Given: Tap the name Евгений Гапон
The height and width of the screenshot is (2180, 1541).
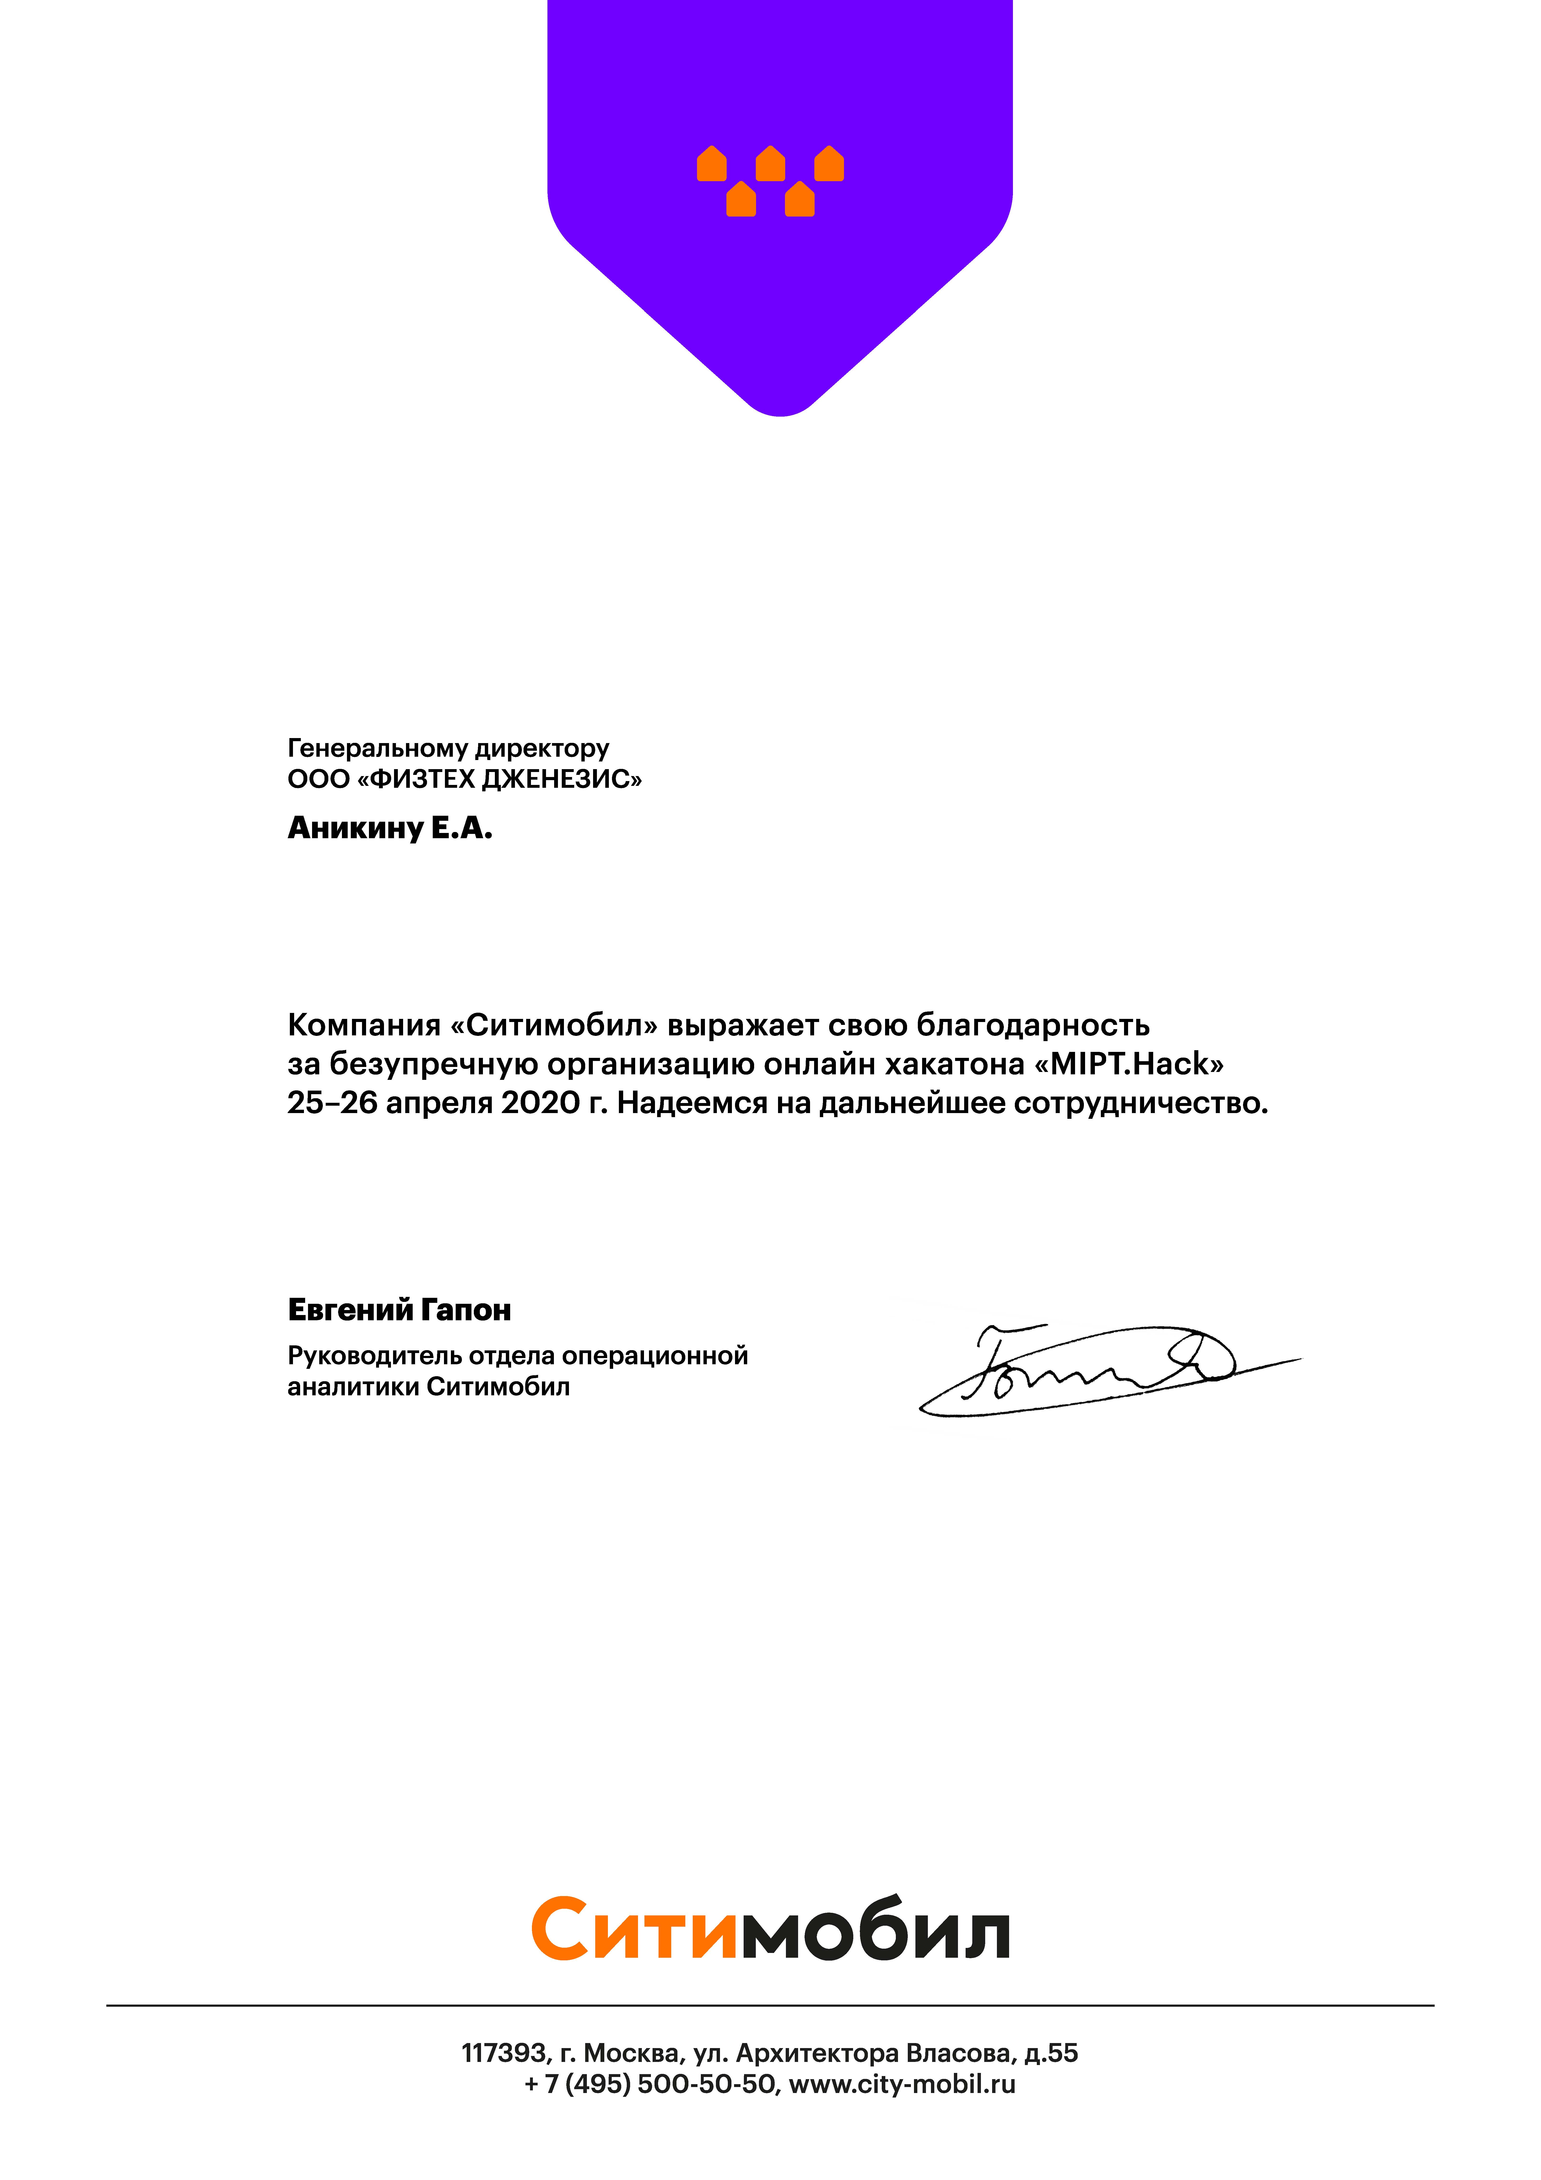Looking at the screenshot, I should (399, 1310).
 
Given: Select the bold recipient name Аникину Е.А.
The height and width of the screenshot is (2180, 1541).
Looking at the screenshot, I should (389, 829).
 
